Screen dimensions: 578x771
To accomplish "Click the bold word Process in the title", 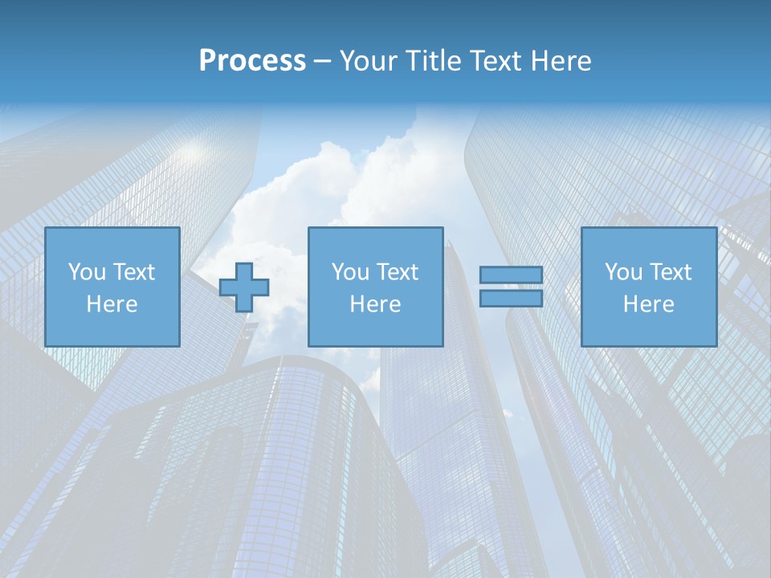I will [x=252, y=61].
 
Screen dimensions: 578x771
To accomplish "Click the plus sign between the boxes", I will [x=244, y=287].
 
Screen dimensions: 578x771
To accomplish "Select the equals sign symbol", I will [x=511, y=287].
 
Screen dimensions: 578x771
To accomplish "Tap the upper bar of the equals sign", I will [x=511, y=275].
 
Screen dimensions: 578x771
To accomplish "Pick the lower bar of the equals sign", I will [x=511, y=298].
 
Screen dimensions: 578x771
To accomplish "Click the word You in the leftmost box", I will [x=85, y=272].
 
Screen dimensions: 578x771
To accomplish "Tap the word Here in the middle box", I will [x=375, y=304].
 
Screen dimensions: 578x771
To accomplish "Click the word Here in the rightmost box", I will [x=648, y=304].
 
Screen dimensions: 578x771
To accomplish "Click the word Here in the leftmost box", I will [x=112, y=304].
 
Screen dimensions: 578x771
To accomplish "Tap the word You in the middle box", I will [x=349, y=272].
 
